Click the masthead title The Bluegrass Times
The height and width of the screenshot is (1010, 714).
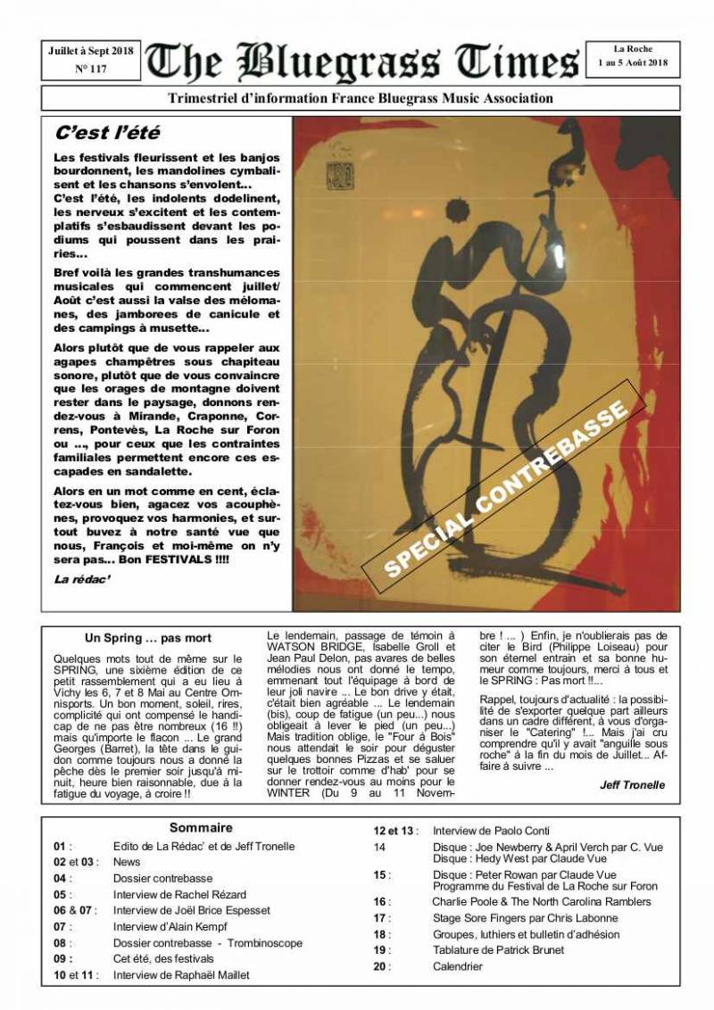[x=361, y=62]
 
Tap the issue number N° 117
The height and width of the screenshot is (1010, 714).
[x=91, y=69]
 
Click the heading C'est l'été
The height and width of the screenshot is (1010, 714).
[x=107, y=134]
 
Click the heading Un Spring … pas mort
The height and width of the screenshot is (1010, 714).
[x=148, y=638]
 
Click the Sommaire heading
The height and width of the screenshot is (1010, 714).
[x=201, y=828]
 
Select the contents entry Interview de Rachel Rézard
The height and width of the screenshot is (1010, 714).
[x=179, y=895]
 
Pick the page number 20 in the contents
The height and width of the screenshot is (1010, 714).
[x=381, y=966]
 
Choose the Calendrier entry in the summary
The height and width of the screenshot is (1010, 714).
[x=458, y=966]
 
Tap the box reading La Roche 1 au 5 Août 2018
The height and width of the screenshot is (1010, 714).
[x=633, y=58]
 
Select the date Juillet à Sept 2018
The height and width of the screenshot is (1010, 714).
[x=91, y=52]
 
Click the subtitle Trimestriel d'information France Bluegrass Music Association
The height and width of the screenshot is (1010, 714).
[x=361, y=98]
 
